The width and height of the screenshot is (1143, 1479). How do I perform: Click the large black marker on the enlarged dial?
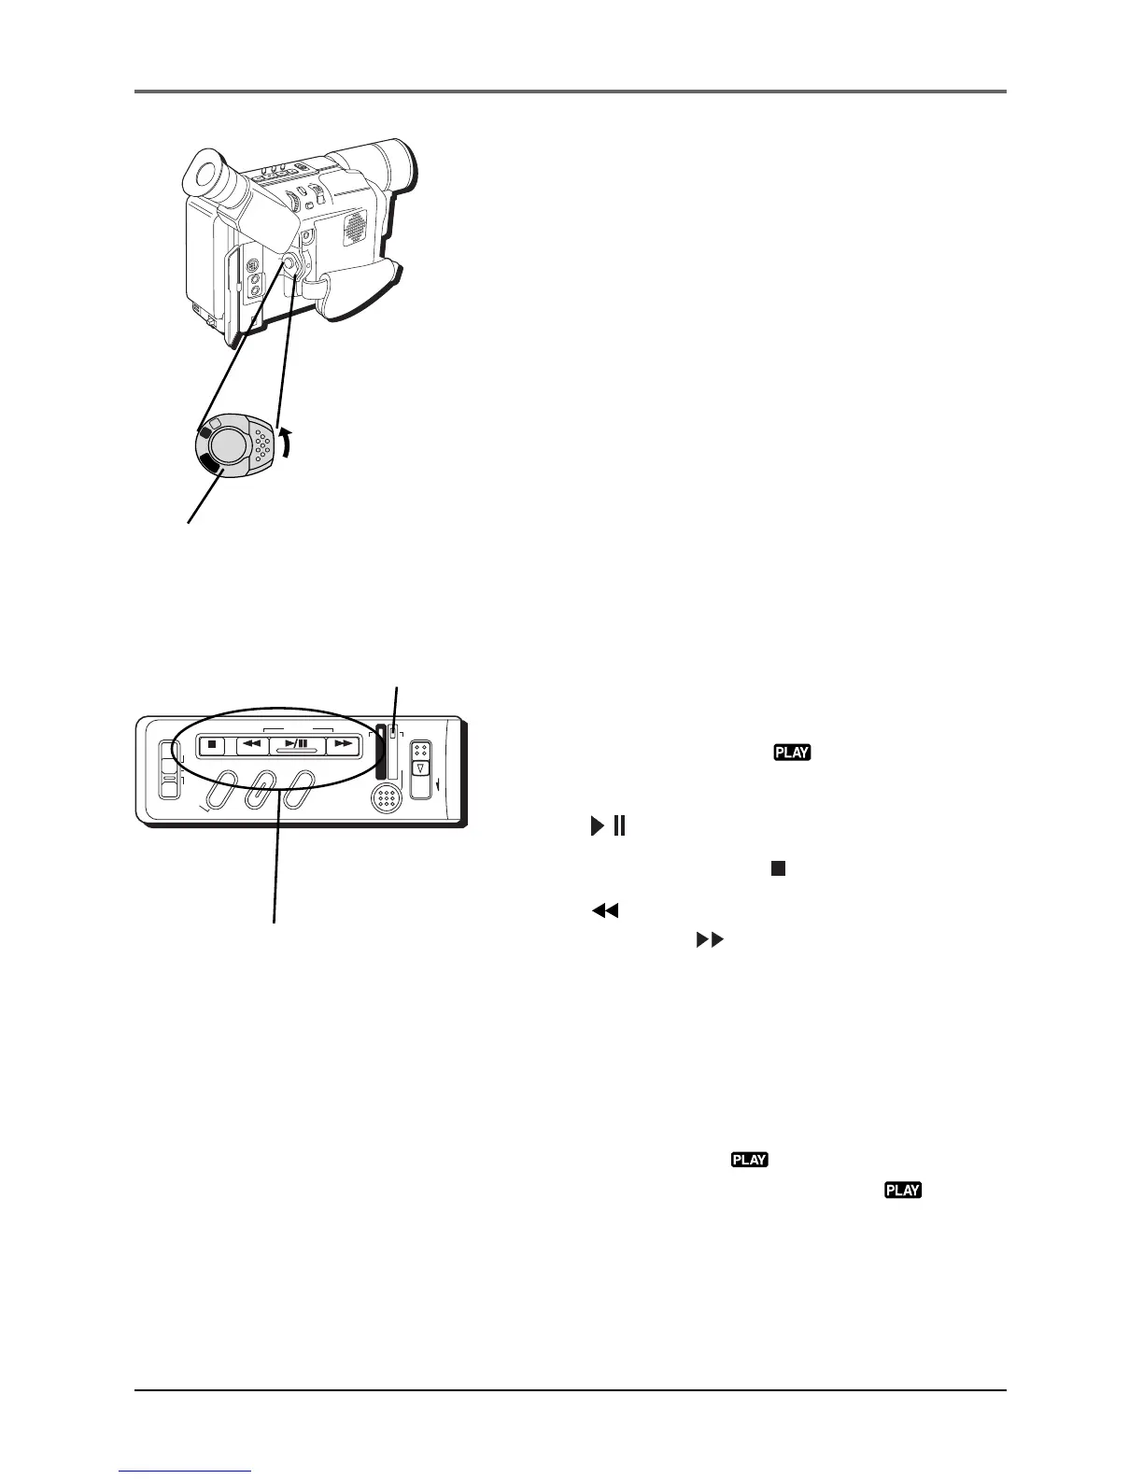point(211,466)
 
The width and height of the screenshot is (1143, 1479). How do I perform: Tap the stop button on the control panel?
point(212,745)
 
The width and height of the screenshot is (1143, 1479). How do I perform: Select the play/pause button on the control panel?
point(296,745)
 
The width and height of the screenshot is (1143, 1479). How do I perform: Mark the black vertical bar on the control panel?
point(380,753)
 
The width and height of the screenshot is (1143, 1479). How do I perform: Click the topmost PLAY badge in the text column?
point(791,753)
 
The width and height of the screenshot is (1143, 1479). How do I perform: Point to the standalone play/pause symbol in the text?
point(607,826)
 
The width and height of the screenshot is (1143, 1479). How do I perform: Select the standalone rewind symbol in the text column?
point(605,910)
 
